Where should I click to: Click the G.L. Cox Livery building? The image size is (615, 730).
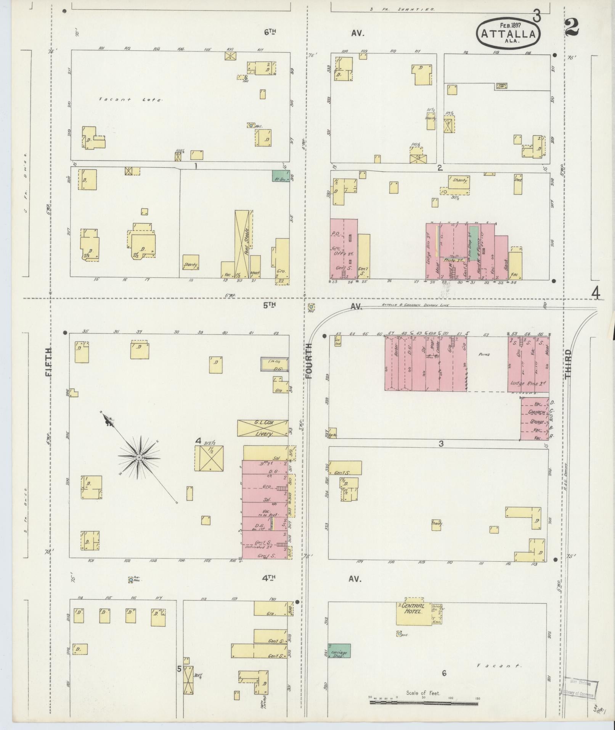tap(262, 428)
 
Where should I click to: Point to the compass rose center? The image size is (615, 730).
tap(139, 457)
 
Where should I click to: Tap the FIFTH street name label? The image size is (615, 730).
tap(49, 361)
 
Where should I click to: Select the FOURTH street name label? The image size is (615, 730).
tap(308, 361)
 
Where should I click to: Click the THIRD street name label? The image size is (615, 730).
tap(568, 363)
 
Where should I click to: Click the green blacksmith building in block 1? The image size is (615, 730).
tap(281, 176)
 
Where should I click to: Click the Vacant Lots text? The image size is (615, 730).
tap(130, 100)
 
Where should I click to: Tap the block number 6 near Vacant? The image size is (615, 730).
tap(444, 674)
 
